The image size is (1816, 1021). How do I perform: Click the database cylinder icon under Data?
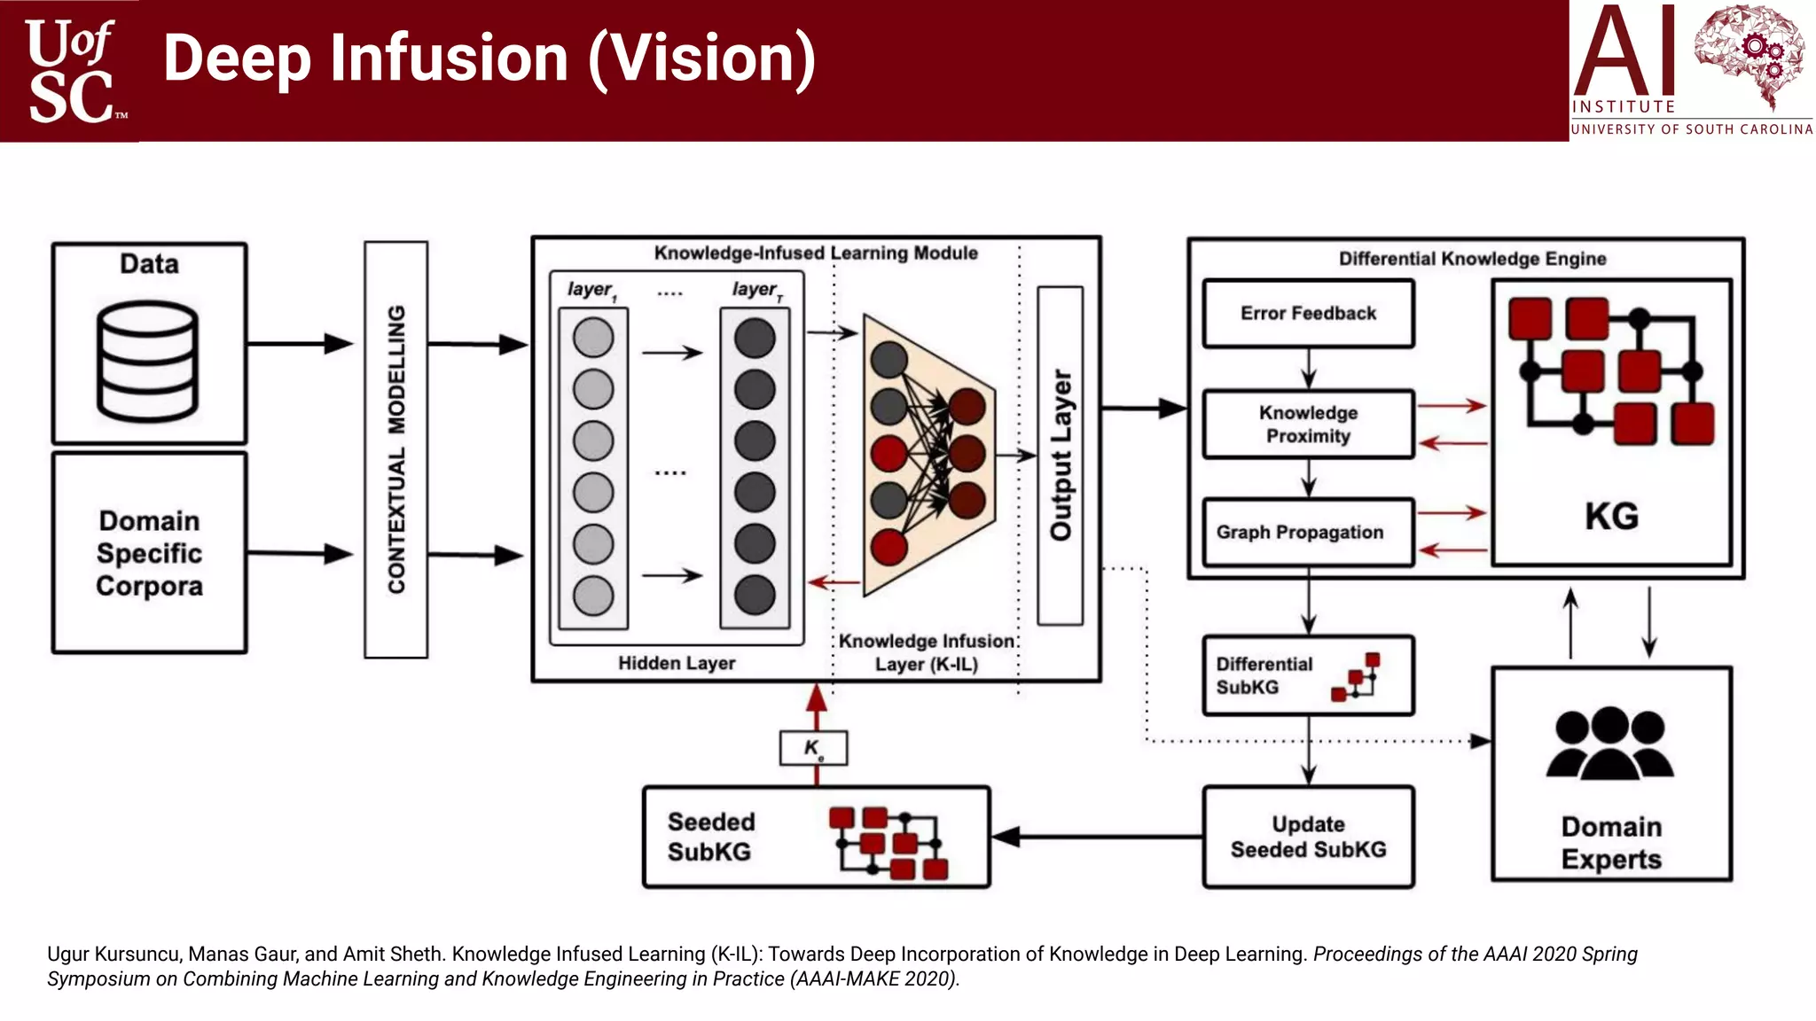point(147,361)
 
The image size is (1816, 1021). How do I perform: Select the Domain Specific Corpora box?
point(149,553)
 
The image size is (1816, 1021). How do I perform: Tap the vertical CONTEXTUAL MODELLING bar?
point(395,449)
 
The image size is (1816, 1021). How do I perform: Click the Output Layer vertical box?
point(1060,456)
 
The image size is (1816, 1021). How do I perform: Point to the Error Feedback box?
point(1308,314)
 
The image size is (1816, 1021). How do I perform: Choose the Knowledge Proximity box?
point(1308,425)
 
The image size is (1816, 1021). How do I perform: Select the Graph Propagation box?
point(1307,533)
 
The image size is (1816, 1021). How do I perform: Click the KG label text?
point(1611,516)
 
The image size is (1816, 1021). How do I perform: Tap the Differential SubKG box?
point(1307,675)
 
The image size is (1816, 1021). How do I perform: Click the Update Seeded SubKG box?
point(1308,837)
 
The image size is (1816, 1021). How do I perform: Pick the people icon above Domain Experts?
point(1610,743)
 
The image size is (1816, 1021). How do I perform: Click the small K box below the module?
point(813,748)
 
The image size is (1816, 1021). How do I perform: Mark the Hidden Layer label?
point(677,663)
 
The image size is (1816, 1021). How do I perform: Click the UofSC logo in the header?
point(71,71)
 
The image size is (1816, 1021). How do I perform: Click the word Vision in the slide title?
point(701,58)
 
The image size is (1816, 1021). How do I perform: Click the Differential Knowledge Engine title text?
point(1472,259)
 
